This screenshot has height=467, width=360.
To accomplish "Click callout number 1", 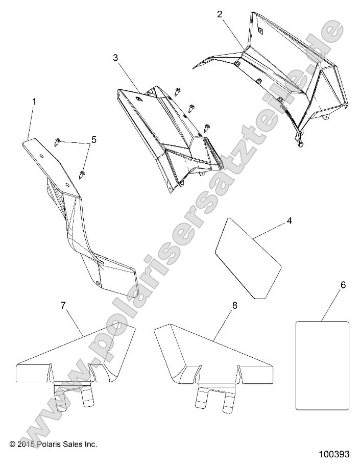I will coord(34,102).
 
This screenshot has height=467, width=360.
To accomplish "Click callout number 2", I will coord(220,14).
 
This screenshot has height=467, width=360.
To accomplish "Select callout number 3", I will coord(115,58).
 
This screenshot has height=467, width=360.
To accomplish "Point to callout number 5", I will coord(93,139).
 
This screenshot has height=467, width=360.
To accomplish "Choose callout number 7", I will coord(63,306).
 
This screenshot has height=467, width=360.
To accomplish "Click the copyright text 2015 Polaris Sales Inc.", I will coord(53,444).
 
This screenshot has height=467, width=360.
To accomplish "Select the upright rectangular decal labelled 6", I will coord(322,365).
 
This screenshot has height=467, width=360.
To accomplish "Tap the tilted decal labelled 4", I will coord(248,265).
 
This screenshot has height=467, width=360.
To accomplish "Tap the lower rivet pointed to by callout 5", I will coord(82,175).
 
